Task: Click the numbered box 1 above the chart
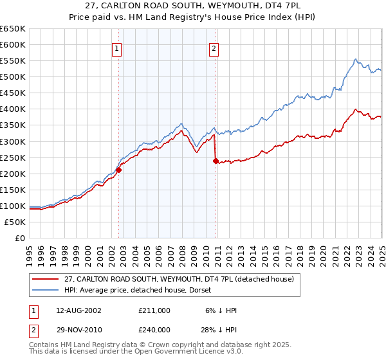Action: (116, 48)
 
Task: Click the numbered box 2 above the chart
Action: (214, 48)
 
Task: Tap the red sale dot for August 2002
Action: (119, 170)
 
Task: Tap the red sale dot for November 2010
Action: (216, 161)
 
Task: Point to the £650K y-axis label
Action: (13, 29)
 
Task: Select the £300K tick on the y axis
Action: (13, 141)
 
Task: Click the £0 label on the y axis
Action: (20, 239)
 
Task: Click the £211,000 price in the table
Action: (154, 310)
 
